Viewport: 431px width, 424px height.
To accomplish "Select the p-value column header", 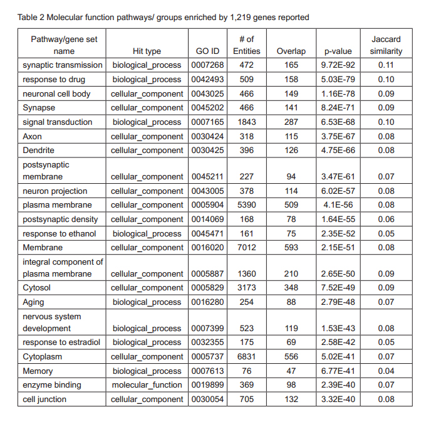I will pos(338,51).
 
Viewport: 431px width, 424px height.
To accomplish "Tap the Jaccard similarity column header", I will pos(386,45).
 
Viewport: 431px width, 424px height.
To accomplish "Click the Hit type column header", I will pos(147,51).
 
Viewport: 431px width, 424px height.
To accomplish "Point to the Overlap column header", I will pos(291,51).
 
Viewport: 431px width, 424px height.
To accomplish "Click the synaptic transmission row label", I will pos(63,65).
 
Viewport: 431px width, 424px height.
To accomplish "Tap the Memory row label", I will pos(38,371).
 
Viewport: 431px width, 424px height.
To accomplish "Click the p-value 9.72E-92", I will pos(338,65).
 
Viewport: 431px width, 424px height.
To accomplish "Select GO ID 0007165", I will pos(207,122).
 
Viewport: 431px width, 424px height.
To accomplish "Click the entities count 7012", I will pos(246,248).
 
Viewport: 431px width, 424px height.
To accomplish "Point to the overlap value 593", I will pos(291,248).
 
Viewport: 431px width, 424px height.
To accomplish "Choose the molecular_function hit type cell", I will pos(147,385).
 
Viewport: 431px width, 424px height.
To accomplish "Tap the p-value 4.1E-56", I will pos(338,205).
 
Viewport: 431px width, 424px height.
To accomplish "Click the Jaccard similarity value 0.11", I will pos(386,65).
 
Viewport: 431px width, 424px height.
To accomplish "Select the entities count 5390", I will pos(246,205).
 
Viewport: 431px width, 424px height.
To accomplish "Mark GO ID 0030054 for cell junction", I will pos(207,400).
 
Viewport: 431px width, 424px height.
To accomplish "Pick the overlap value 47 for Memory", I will pos(291,371).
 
